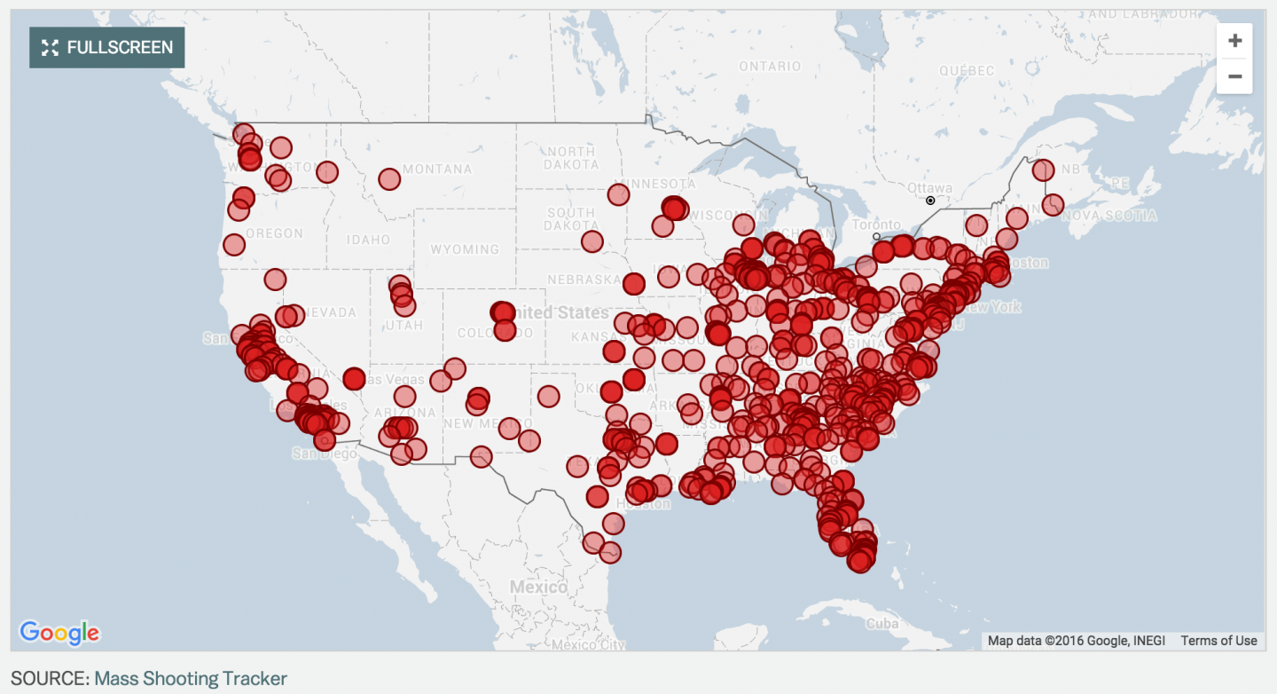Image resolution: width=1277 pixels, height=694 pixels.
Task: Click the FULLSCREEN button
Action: click(x=107, y=47)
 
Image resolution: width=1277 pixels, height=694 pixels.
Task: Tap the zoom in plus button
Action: click(x=1234, y=41)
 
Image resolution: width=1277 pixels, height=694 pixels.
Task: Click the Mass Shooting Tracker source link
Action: click(x=191, y=679)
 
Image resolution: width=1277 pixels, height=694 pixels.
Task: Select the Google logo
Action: click(x=59, y=633)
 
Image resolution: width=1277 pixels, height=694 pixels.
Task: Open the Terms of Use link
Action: click(x=1218, y=641)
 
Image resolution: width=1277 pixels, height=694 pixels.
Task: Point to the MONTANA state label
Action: click(x=437, y=170)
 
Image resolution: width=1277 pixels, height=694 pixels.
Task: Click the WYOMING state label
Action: click(x=464, y=249)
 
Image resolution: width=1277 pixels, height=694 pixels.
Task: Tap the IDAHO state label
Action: click(x=368, y=240)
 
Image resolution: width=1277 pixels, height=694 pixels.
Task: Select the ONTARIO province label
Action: click(x=769, y=67)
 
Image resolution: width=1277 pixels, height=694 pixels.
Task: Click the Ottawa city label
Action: click(x=929, y=188)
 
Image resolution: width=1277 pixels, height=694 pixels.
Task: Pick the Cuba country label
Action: click(x=881, y=624)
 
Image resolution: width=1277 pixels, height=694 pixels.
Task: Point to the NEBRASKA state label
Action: click(x=584, y=280)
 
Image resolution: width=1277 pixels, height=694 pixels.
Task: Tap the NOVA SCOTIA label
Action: click(x=1110, y=216)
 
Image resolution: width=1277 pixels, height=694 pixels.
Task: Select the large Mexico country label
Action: click(x=538, y=588)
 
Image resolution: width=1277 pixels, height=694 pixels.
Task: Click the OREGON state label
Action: click(x=274, y=233)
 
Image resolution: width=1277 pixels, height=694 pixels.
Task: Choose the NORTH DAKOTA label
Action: click(x=571, y=158)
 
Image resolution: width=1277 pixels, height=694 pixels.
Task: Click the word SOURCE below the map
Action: click(x=50, y=679)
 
